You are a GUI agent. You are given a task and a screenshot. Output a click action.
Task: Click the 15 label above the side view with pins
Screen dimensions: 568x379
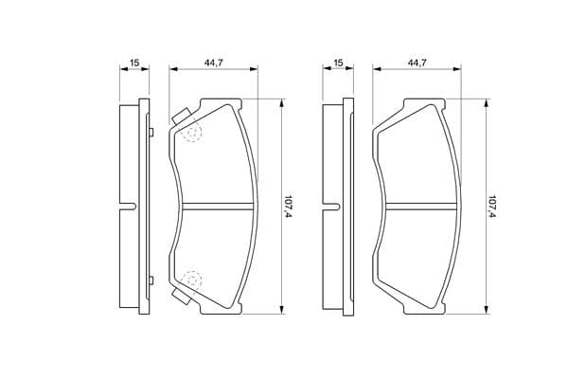point(134,63)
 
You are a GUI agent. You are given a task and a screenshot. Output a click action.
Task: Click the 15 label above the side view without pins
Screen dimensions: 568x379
point(338,63)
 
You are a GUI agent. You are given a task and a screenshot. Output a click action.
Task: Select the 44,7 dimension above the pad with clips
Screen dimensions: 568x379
point(213,63)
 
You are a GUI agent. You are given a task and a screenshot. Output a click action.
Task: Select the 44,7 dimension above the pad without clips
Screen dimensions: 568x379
point(417,63)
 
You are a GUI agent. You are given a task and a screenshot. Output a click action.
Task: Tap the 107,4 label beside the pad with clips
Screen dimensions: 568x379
point(289,207)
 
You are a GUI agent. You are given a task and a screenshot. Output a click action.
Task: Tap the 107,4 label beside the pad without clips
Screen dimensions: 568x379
point(492,207)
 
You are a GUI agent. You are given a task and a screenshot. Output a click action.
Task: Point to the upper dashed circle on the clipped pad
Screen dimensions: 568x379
point(192,133)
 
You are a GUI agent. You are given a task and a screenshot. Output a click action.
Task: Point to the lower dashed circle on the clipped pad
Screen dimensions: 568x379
point(191,280)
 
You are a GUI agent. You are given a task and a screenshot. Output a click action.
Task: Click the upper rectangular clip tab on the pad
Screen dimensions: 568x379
point(182,116)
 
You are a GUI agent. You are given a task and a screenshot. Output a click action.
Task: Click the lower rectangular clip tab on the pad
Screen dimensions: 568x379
point(182,297)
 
